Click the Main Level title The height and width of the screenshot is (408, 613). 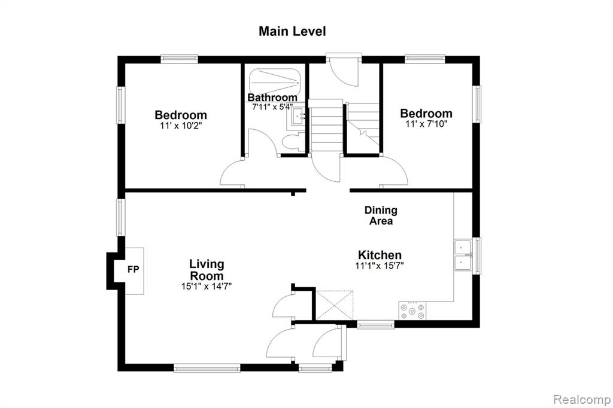[x=292, y=31]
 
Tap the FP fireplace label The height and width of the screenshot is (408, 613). [x=133, y=269]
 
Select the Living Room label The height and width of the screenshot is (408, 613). [x=207, y=270]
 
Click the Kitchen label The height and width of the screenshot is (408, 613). [x=380, y=255]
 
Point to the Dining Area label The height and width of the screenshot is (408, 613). [x=381, y=215]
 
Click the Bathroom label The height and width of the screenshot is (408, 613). [x=272, y=98]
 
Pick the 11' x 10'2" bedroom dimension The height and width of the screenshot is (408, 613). [x=181, y=126]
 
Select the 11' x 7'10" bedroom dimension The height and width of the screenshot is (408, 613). [x=426, y=124]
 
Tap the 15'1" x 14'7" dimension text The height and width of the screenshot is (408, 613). [x=207, y=287]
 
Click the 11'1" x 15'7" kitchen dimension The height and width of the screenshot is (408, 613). [x=380, y=266]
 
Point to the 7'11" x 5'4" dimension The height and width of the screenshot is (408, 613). [x=272, y=106]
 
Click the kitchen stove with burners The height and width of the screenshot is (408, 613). [x=412, y=310]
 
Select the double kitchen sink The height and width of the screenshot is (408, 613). [x=464, y=255]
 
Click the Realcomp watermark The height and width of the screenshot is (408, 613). [x=582, y=400]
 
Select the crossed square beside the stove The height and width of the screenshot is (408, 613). [x=335, y=305]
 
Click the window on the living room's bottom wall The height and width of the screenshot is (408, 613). [x=207, y=368]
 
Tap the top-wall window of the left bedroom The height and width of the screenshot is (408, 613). [x=179, y=59]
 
